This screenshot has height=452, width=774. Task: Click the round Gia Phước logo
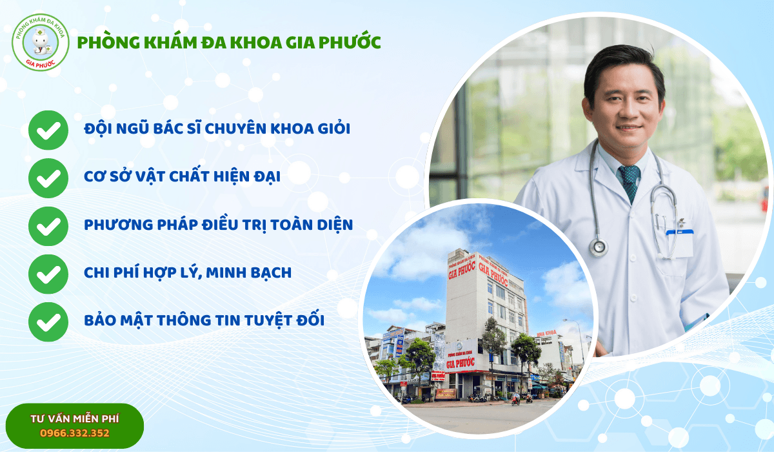coord(40,43)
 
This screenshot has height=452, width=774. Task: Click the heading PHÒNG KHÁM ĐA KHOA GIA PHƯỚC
coord(228,43)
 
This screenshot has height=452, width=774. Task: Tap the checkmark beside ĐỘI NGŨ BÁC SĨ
coord(48,130)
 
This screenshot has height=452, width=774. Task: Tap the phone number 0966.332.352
coord(75,433)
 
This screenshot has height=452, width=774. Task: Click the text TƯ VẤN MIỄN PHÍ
coord(75,418)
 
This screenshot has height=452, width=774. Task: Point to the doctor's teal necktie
coord(629,181)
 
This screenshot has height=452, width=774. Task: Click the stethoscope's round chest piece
coord(599,247)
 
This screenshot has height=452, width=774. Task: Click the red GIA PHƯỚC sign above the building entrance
coord(460,362)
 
